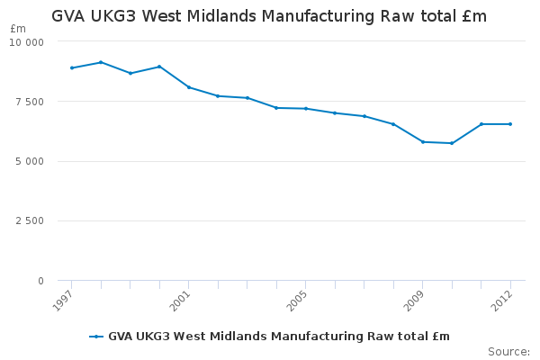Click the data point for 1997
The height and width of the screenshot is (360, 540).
point(71,68)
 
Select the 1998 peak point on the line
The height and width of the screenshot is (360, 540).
point(101,62)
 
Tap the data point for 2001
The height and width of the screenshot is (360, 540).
point(188,87)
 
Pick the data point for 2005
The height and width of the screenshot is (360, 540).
point(305,109)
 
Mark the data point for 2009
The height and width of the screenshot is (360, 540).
point(422,142)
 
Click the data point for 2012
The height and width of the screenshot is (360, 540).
point(510,124)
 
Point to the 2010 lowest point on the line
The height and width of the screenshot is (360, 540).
point(452,143)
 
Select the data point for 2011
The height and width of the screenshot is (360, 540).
point(481,124)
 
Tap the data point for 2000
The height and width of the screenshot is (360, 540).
point(159,67)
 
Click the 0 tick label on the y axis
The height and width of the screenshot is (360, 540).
point(40,282)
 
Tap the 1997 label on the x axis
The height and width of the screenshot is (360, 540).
point(63,301)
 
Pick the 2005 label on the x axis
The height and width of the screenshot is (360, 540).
point(297,301)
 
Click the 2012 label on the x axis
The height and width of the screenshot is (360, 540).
point(502,301)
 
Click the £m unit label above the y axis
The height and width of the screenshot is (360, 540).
point(18,29)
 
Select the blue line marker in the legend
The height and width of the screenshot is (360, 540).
point(96,337)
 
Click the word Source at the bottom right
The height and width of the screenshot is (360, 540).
point(508,351)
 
